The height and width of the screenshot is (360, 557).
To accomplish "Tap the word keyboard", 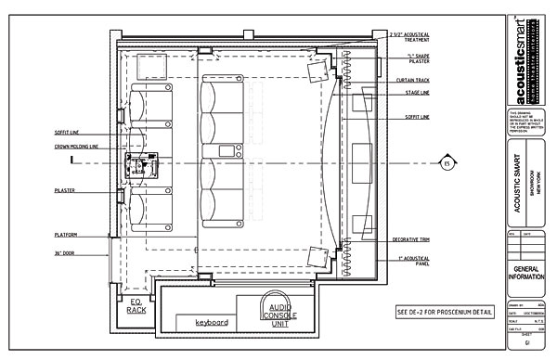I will pyautogui.click(x=212, y=322).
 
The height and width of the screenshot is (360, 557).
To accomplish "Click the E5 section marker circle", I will pyautogui.click(x=446, y=164).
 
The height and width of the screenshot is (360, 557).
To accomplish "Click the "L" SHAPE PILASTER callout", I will pyautogui.click(x=411, y=60).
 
